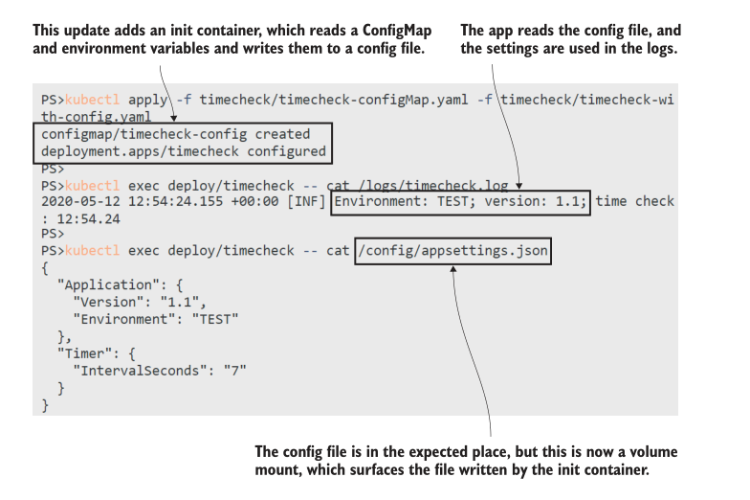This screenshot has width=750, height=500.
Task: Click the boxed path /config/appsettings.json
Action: [452, 252]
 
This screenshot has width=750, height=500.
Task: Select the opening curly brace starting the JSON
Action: [45, 268]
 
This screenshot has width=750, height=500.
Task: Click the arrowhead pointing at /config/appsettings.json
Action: [454, 270]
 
